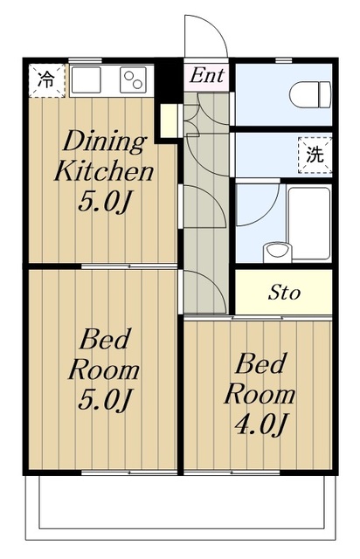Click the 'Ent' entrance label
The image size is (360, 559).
pyautogui.click(x=206, y=75)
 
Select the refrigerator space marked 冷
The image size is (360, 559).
pyautogui.click(x=46, y=80)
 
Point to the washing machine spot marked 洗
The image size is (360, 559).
pyautogui.click(x=315, y=155)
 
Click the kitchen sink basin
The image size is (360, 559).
pyautogui.click(x=87, y=79)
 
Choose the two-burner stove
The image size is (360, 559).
pyautogui.click(x=133, y=80)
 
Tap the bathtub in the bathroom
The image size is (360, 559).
pyautogui.click(x=309, y=224)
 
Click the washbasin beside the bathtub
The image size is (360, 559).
pyautogui.click(x=277, y=252)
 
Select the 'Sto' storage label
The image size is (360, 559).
pyautogui.click(x=284, y=293)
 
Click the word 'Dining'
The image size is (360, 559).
pyautogui.click(x=104, y=141)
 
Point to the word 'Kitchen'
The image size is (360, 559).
pyautogui.click(x=104, y=171)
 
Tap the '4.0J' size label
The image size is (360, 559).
pyautogui.click(x=260, y=424)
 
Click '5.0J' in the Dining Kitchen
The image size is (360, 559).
pyautogui.click(x=103, y=202)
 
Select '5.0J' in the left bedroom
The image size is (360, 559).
pyautogui.click(x=104, y=399)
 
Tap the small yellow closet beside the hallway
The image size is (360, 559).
pyautogui.click(x=169, y=121)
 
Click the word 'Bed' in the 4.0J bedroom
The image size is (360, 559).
pyautogui.click(x=260, y=363)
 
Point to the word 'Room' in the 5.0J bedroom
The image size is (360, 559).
pyautogui.click(x=104, y=370)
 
